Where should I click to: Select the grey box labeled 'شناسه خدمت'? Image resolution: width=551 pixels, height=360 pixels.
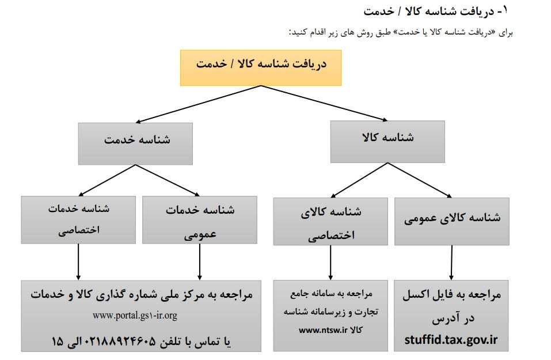[x=136, y=141]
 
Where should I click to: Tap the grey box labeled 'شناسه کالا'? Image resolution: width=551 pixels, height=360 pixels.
[x=387, y=139]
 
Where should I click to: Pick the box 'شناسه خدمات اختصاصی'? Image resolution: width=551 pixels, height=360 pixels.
[x=78, y=219]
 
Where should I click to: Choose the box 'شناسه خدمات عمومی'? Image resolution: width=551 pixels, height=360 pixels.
[x=200, y=219]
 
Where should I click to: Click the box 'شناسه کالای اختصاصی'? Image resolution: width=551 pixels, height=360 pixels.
[x=330, y=222]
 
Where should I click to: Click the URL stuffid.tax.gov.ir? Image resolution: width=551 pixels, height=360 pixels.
[x=451, y=340]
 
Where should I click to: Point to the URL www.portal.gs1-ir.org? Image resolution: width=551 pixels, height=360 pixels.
[x=135, y=316]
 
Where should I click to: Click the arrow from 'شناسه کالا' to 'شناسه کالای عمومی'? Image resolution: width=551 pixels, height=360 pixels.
[x=421, y=180]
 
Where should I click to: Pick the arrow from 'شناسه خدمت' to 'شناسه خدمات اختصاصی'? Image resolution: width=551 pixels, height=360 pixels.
[x=109, y=180]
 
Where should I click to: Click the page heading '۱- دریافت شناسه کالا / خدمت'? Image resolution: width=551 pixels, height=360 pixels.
[x=438, y=10]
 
